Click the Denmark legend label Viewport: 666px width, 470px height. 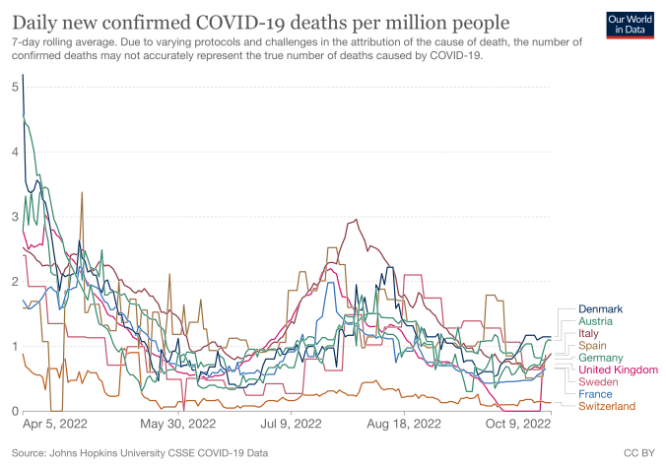tap(602, 309)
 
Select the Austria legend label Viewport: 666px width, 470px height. tap(596, 321)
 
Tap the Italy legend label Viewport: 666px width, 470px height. tap(589, 334)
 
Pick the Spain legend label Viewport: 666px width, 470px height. tap(593, 346)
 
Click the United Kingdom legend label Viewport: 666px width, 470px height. tap(618, 369)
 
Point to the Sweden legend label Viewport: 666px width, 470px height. tap(598, 381)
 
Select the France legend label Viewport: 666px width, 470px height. tap(595, 394)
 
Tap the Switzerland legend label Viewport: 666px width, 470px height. tap(607, 406)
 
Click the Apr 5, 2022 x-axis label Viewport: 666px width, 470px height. tap(54, 426)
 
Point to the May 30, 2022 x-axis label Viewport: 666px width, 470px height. tap(178, 426)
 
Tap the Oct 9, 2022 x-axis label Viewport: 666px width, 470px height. tap(516, 426)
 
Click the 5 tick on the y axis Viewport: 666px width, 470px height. tap(16, 87)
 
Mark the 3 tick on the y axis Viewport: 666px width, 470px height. tap(16, 216)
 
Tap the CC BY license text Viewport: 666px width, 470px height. tap(637, 454)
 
